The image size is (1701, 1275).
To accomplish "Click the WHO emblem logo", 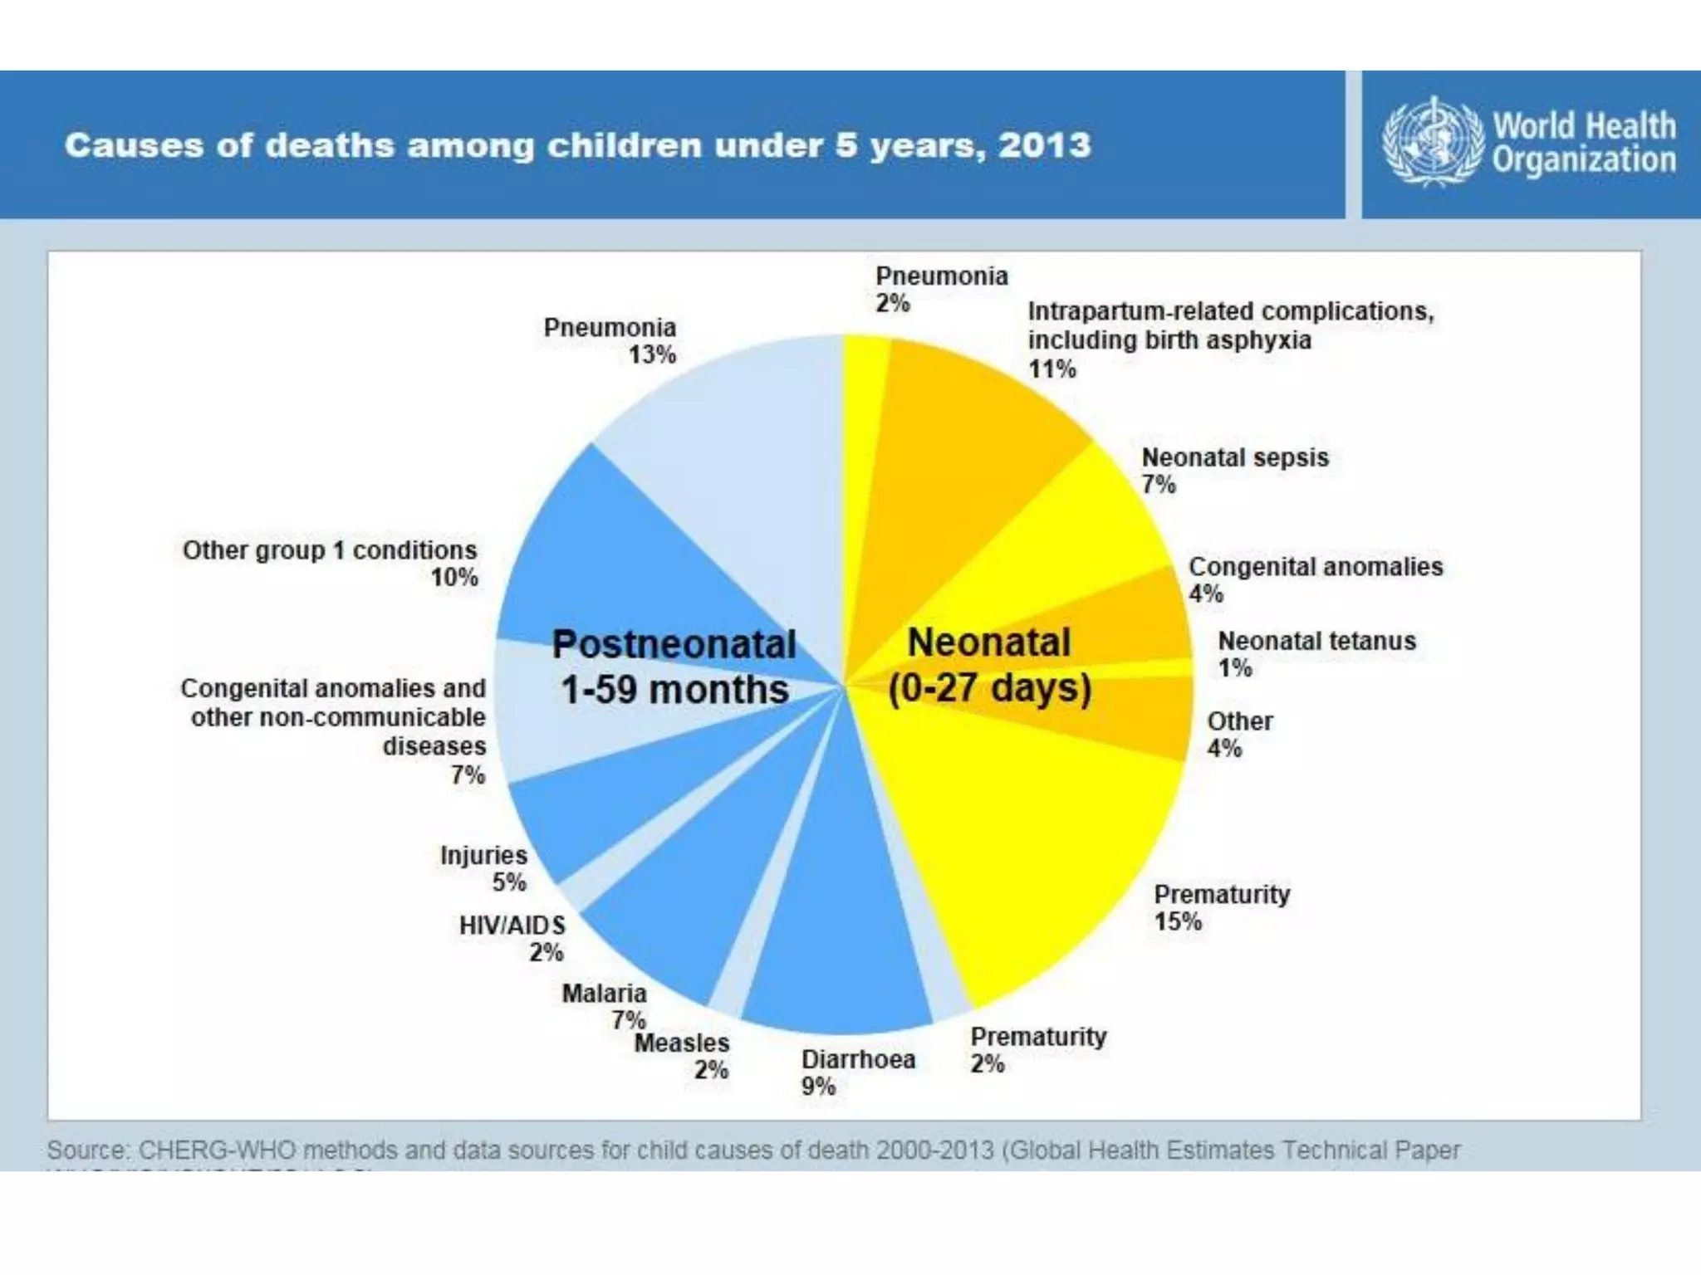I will point(1432,142).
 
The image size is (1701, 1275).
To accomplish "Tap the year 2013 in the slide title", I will point(1045,145).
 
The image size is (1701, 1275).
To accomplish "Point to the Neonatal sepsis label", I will point(1234,457).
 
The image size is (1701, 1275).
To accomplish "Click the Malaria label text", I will point(604,994).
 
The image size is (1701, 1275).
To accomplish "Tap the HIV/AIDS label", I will point(512,926).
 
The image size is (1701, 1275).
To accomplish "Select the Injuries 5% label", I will point(484,867).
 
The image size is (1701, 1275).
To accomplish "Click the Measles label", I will point(682,1043).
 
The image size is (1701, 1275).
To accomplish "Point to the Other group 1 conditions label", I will point(330,550).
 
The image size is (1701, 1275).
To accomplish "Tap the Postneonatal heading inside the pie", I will point(674,644).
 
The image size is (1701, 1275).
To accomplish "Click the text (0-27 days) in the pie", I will point(989,688).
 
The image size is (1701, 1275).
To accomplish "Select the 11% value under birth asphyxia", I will point(1052,369).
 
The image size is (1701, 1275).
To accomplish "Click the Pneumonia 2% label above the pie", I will point(941,288).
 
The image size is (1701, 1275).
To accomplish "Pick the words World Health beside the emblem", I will point(1584,126).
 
